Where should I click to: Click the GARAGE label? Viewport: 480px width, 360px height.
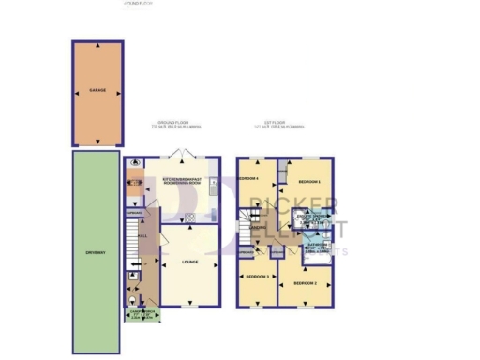[x=97, y=90]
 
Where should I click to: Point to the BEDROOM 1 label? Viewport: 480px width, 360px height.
[x=309, y=181]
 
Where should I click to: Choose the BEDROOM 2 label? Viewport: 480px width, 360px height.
[x=303, y=282]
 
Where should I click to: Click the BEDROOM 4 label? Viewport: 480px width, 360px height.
[x=247, y=178]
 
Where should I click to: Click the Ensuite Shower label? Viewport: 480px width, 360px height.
[x=312, y=218]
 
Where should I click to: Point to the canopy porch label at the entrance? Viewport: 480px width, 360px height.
[x=142, y=312]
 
